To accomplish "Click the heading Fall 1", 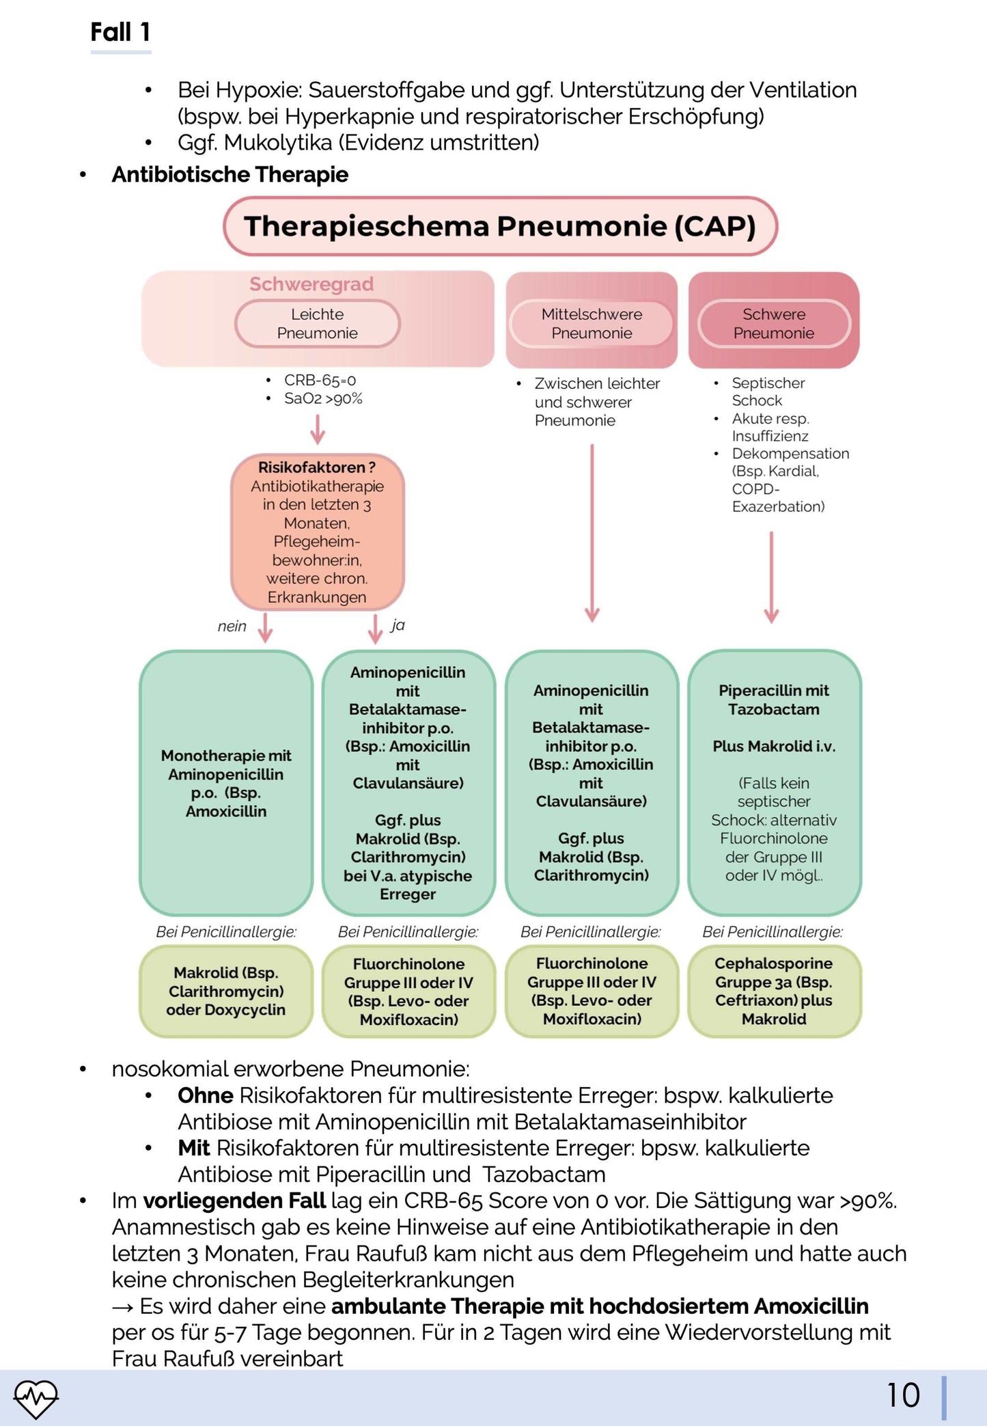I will click(120, 32).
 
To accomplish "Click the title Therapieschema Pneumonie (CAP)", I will click(500, 226).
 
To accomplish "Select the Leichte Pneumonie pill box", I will click(317, 323).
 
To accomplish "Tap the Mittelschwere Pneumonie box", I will click(592, 323).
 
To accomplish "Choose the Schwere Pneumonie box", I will click(773, 323).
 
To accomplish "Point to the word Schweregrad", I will click(311, 284).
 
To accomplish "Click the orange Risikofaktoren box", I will click(317, 532).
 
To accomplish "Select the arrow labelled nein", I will click(265, 627).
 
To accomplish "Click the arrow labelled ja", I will click(375, 627).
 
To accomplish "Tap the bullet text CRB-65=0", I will click(320, 380).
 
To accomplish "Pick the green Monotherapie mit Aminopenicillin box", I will click(226, 782).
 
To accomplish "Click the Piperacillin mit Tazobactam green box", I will click(774, 782).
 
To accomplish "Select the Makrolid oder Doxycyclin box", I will click(226, 991).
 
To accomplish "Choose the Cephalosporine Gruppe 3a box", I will click(774, 991).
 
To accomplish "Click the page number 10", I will click(903, 1395).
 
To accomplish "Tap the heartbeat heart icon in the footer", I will click(36, 1398).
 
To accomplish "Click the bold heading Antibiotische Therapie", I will click(230, 175).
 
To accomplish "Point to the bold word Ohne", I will click(205, 1095).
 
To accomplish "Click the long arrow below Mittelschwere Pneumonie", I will click(592, 533).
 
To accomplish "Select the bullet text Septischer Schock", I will click(768, 392).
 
